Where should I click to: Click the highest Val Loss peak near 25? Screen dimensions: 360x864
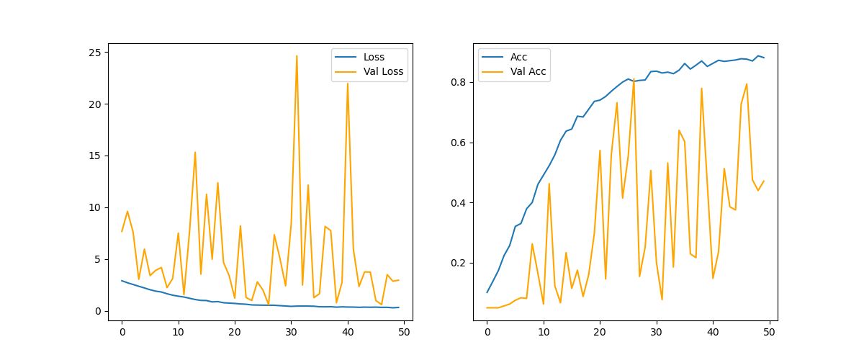[297, 55]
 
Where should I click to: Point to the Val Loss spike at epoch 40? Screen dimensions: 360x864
[348, 83]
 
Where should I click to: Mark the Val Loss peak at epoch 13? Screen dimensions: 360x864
[195, 152]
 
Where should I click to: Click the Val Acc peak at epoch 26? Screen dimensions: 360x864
[634, 79]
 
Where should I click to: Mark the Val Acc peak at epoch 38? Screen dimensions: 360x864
[702, 89]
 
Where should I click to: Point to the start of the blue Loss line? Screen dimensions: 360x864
[122, 281]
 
